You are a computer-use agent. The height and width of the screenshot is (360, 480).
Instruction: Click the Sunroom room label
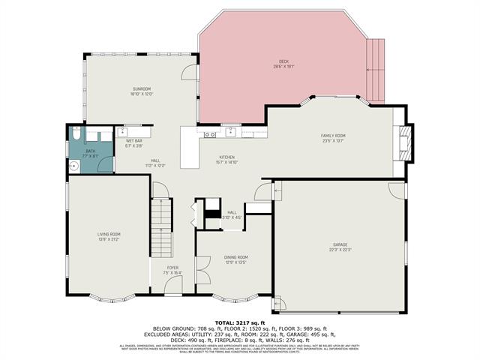pyautogui.click(x=142, y=89)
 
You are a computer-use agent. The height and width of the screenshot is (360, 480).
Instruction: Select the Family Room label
pyautogui.click(x=333, y=136)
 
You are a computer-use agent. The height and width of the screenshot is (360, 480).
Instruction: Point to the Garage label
pyautogui.click(x=340, y=245)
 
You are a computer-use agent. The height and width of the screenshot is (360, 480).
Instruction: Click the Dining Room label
pyautogui.click(x=236, y=257)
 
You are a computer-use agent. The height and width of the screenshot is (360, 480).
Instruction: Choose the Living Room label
pyautogui.click(x=109, y=235)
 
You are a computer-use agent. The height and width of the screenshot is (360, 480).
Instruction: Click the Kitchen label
pyautogui.click(x=227, y=156)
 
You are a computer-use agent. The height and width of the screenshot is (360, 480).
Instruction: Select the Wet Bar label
pyautogui.click(x=134, y=141)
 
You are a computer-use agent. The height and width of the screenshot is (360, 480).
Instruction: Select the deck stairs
pyautogui.click(x=376, y=71)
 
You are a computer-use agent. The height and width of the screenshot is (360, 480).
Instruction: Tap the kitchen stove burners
pyautogui.click(x=211, y=135)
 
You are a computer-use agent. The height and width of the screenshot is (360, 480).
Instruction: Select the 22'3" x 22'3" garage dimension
pyautogui.click(x=340, y=250)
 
